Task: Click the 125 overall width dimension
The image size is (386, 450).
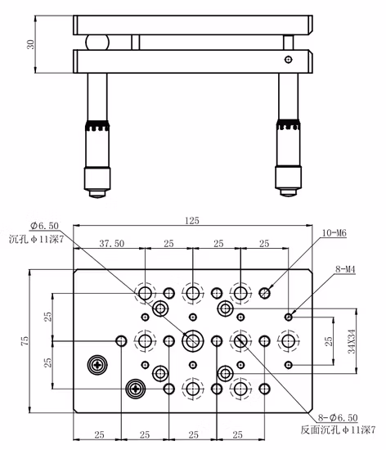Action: pyautogui.click(x=192, y=220)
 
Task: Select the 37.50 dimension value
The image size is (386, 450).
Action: pyautogui.click(x=112, y=243)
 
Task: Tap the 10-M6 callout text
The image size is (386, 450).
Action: pyautogui.click(x=334, y=232)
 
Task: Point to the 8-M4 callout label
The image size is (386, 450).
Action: pyautogui.click(x=345, y=269)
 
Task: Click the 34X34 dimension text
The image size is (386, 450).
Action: pyautogui.click(x=352, y=341)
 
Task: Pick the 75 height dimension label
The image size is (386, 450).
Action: pyautogui.click(x=25, y=340)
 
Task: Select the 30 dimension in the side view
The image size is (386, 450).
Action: pyautogui.click(x=31, y=44)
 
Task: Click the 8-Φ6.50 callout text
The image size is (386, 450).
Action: pyautogui.click(x=338, y=417)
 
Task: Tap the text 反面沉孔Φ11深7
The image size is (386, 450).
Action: pyautogui.click(x=338, y=430)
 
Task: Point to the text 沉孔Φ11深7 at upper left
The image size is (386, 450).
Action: pyautogui.click(x=36, y=239)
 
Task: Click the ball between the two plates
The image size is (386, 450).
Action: pyautogui.click(x=97, y=43)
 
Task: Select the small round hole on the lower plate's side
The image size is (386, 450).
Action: pyautogui.click(x=289, y=60)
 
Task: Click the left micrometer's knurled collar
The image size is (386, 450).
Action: pyautogui.click(x=97, y=126)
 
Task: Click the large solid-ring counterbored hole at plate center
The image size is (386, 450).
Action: pyautogui.click(x=193, y=341)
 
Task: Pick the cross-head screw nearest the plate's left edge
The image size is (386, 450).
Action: pyautogui.click(x=97, y=365)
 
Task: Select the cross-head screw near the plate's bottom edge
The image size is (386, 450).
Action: pyautogui.click(x=136, y=389)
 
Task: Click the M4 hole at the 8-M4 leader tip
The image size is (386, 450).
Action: pyautogui.click(x=289, y=317)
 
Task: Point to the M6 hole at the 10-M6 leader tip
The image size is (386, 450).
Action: pyautogui.click(x=264, y=293)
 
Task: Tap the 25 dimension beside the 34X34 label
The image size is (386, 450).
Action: pyautogui.click(x=329, y=341)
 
